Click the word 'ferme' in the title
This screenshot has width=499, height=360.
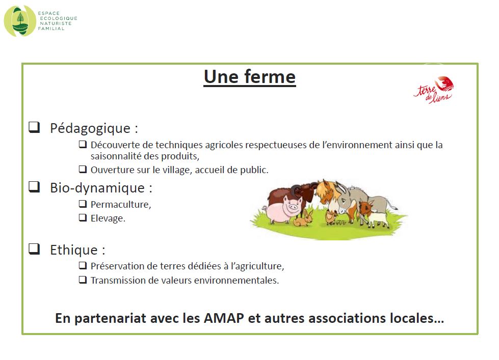(x=270, y=77)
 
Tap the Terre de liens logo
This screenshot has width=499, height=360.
(x=434, y=90)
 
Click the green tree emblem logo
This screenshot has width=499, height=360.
(x=20, y=21)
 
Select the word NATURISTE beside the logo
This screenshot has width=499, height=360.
(x=56, y=23)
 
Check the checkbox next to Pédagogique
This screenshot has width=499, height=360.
(x=34, y=127)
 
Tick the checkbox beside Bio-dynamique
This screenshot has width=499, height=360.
(x=34, y=187)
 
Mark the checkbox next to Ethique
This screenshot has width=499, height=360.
(x=34, y=249)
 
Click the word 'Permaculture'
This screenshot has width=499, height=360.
(x=120, y=205)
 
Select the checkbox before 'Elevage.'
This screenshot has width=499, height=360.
(x=83, y=217)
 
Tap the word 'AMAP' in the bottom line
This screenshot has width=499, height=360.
(x=224, y=318)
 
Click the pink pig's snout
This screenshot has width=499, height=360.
(x=293, y=207)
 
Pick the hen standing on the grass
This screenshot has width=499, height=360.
(x=330, y=217)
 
